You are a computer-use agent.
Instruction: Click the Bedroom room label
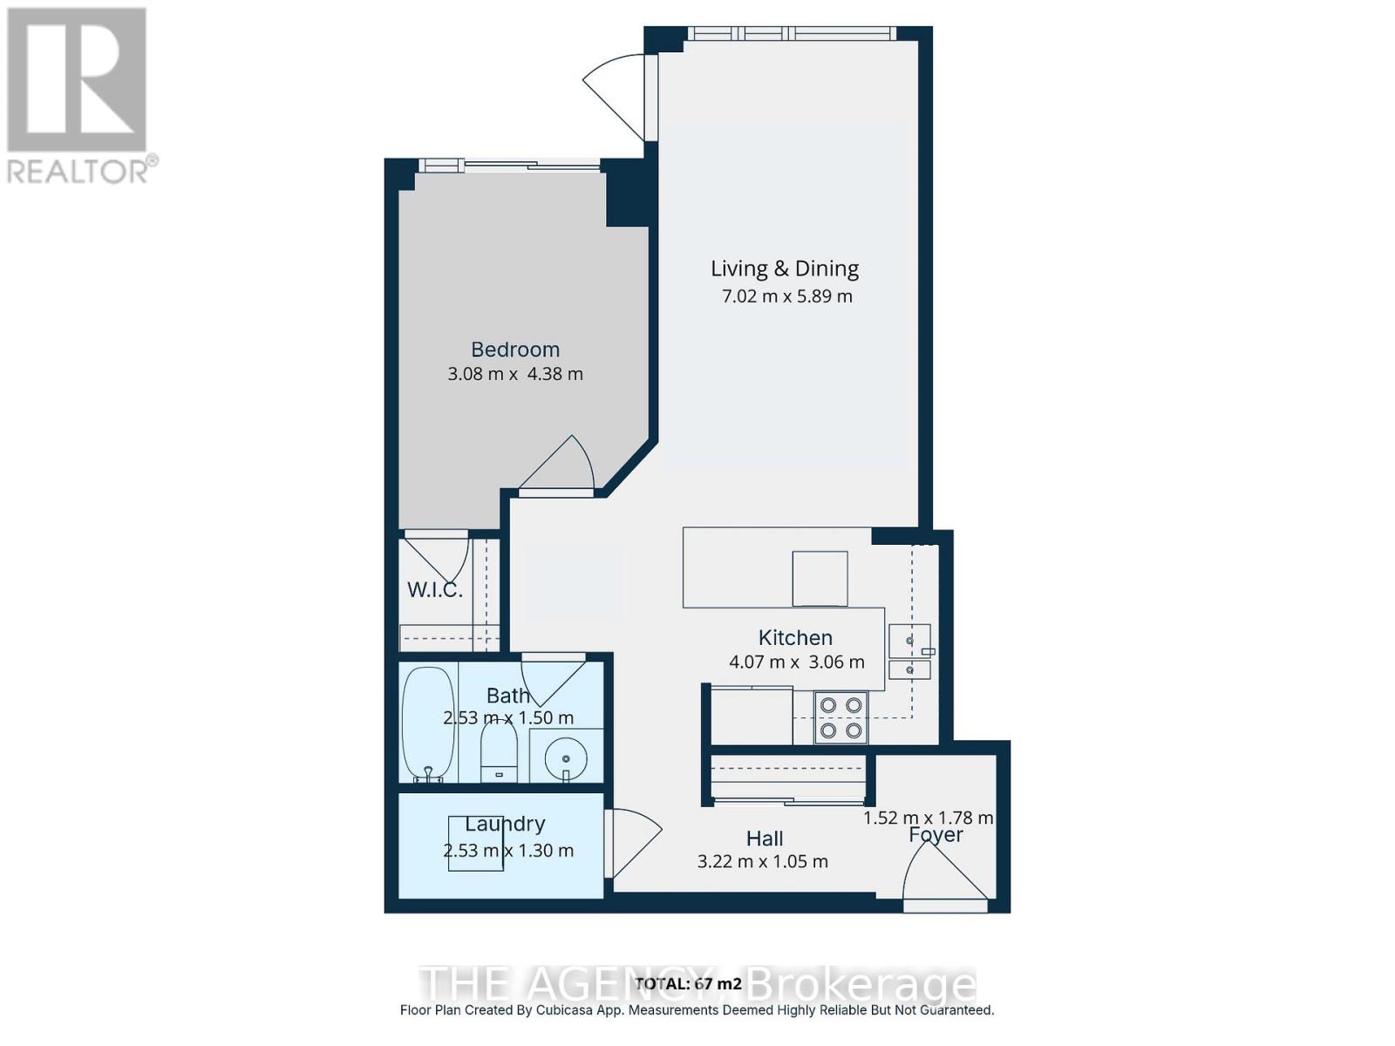(515, 350)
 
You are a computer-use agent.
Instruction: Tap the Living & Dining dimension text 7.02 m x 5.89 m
(786, 296)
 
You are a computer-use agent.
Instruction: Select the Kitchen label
(795, 637)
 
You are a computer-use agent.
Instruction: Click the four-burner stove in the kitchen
(841, 717)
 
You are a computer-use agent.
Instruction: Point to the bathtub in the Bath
(428, 724)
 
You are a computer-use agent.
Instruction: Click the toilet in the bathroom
(499, 755)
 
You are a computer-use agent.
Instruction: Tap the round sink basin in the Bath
(566, 757)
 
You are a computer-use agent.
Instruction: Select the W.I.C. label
(434, 590)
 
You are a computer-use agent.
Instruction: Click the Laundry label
(505, 824)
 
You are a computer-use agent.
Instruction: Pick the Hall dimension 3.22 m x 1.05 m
(763, 862)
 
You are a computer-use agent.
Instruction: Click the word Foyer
(936, 835)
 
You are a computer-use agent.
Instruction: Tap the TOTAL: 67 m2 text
(689, 983)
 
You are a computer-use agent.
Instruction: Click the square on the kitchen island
(820, 578)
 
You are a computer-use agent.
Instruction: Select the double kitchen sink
(909, 652)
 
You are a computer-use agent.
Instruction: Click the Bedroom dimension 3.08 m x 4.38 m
(515, 374)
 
